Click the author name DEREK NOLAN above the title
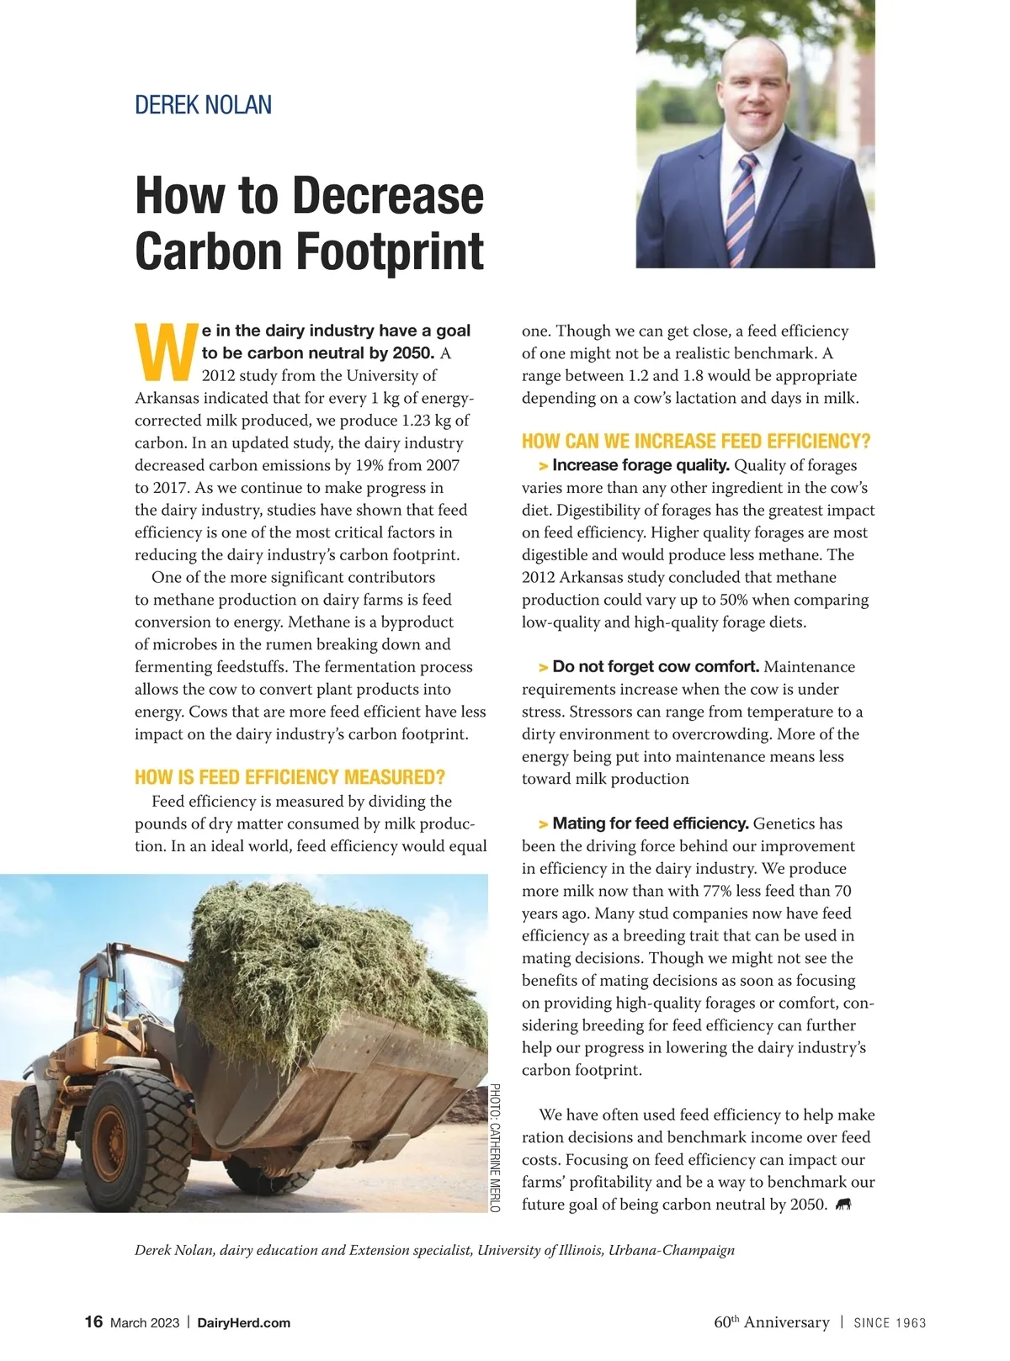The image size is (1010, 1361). [x=203, y=105]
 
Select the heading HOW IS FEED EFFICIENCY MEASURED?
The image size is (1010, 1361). [x=290, y=777]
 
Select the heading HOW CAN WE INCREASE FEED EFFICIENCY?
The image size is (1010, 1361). [x=695, y=442]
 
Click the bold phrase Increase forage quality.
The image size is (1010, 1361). [x=641, y=465]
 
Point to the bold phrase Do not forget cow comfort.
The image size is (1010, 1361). [x=656, y=667]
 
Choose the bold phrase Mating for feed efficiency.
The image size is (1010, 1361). [x=651, y=823]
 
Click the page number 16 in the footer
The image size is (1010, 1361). [x=93, y=1321]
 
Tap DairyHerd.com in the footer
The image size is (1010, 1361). [x=243, y=1323]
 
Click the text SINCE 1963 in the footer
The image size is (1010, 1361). [x=890, y=1323]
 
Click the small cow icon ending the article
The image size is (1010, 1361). [x=843, y=1205]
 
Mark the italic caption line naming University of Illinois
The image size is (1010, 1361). [x=434, y=1250]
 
